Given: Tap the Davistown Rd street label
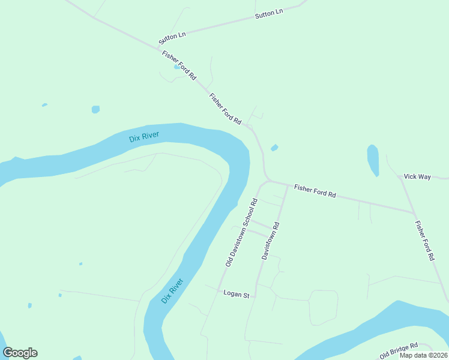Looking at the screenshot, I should click(x=271, y=241).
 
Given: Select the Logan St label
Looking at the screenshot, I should click(x=236, y=294).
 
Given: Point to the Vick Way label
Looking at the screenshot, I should click(x=417, y=176).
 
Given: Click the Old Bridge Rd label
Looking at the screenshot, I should click(x=399, y=351).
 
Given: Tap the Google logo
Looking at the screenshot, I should click(x=20, y=353).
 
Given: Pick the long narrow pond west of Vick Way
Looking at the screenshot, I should click(x=373, y=160).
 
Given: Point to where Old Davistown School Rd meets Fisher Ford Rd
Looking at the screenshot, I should click(x=268, y=180).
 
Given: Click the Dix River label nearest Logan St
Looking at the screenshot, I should click(x=172, y=290).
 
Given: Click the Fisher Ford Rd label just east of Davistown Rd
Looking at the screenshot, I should click(x=315, y=192).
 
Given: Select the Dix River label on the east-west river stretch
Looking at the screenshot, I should click(x=144, y=136).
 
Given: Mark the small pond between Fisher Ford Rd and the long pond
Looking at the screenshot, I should click(x=274, y=148).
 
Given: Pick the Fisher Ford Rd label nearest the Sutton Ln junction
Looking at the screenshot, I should click(x=179, y=65).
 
